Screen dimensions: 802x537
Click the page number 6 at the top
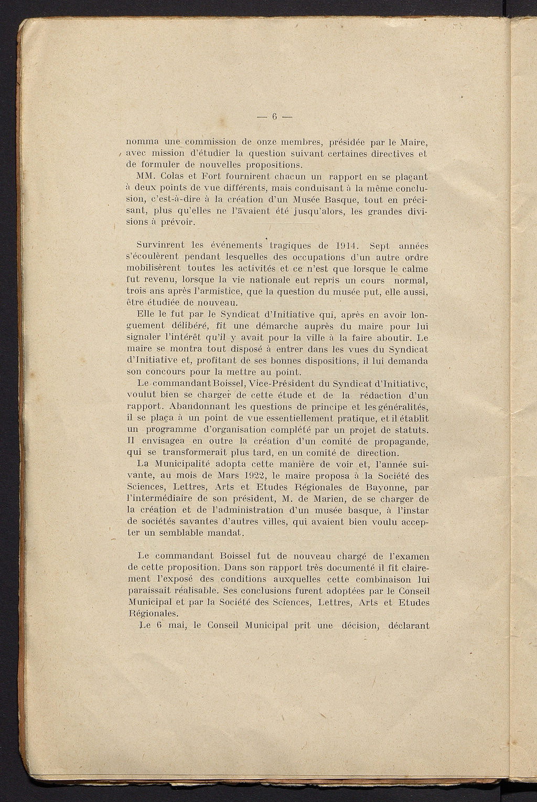tap(274, 117)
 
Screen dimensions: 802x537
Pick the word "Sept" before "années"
tap(379, 245)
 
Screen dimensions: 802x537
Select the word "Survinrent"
tap(158, 245)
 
